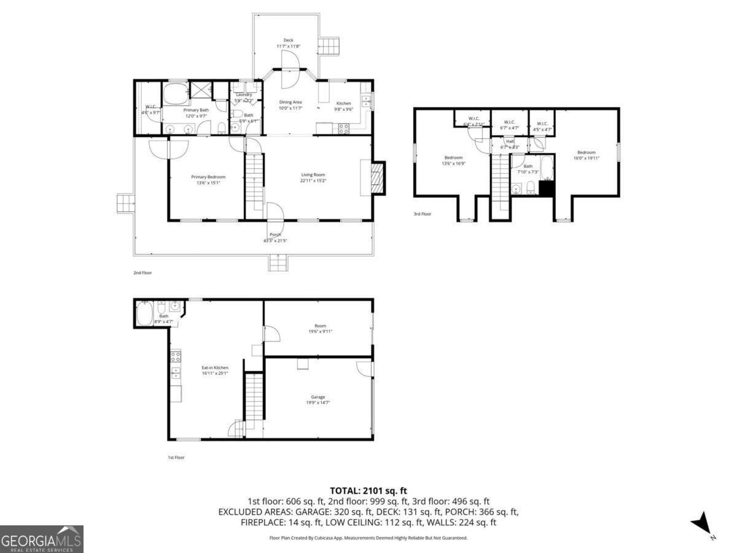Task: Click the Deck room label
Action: pyautogui.click(x=288, y=40)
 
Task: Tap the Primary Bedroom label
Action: pyautogui.click(x=208, y=177)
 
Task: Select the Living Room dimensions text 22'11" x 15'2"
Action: pyautogui.click(x=313, y=181)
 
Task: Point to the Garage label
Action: pyautogui.click(x=318, y=397)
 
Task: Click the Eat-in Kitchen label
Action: pyautogui.click(x=215, y=367)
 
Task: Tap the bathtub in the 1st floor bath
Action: pyautogui.click(x=145, y=315)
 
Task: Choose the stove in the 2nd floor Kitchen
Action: pyautogui.click(x=343, y=128)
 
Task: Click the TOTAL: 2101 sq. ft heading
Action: pyautogui.click(x=368, y=490)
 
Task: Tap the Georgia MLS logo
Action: pyautogui.click(x=41, y=539)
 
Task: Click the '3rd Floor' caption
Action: pyautogui.click(x=422, y=214)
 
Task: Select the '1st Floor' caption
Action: pyautogui.click(x=176, y=457)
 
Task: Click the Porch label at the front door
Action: pyautogui.click(x=275, y=235)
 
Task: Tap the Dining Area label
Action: pyautogui.click(x=291, y=102)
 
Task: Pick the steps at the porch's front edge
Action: pyautogui.click(x=278, y=263)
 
